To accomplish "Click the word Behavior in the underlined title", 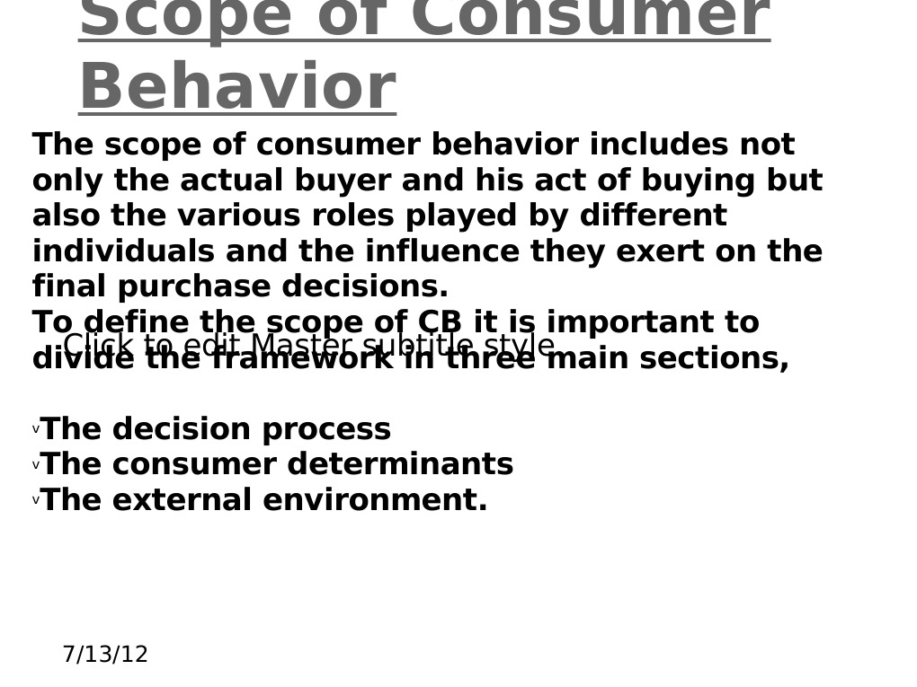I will [x=237, y=88].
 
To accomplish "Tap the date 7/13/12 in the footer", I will [x=105, y=655].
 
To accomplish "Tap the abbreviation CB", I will [x=440, y=323].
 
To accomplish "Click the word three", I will [x=492, y=359].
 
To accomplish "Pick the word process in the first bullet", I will [x=326, y=430].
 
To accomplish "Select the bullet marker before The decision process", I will [x=36, y=430].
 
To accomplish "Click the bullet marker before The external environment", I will [x=36, y=501].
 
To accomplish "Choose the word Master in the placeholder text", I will [x=302, y=345].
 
